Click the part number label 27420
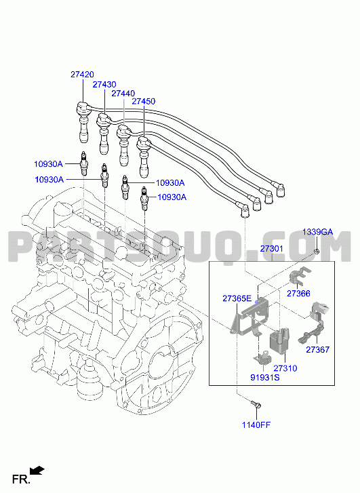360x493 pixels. click(x=82, y=75)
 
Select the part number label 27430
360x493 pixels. click(x=104, y=84)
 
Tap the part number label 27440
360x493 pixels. click(x=123, y=94)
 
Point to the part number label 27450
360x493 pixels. click(x=143, y=101)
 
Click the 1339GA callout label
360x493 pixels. click(x=317, y=232)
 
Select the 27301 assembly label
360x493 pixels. click(x=272, y=249)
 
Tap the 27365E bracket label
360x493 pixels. click(x=237, y=298)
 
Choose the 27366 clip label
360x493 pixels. click(x=298, y=294)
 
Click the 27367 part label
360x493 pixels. click(x=317, y=349)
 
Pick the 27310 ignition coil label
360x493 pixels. click(x=285, y=368)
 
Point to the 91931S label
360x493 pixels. click(x=264, y=377)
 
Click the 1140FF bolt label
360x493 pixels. click(x=256, y=425)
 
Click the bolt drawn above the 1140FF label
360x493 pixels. click(x=256, y=405)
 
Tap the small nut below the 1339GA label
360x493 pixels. click(x=317, y=252)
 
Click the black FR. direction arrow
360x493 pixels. click(x=37, y=471)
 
